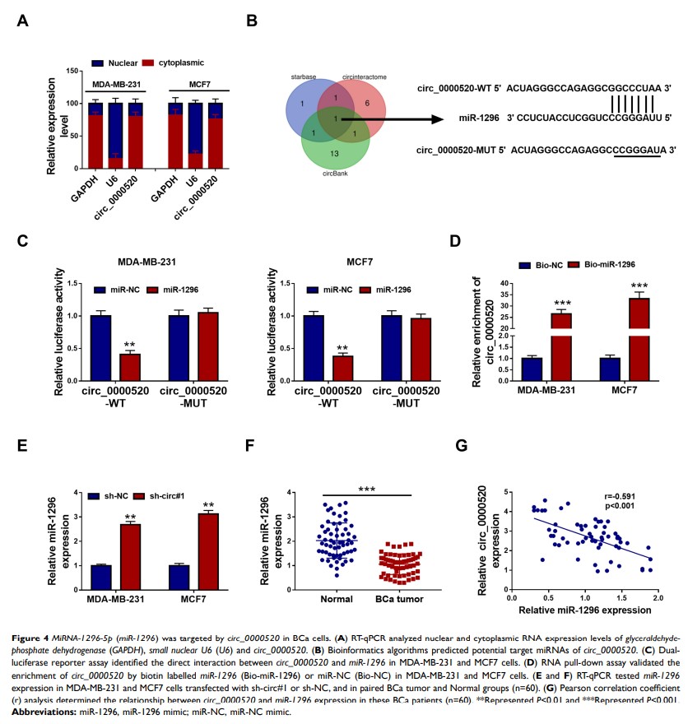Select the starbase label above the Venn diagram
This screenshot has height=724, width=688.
(304, 76)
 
